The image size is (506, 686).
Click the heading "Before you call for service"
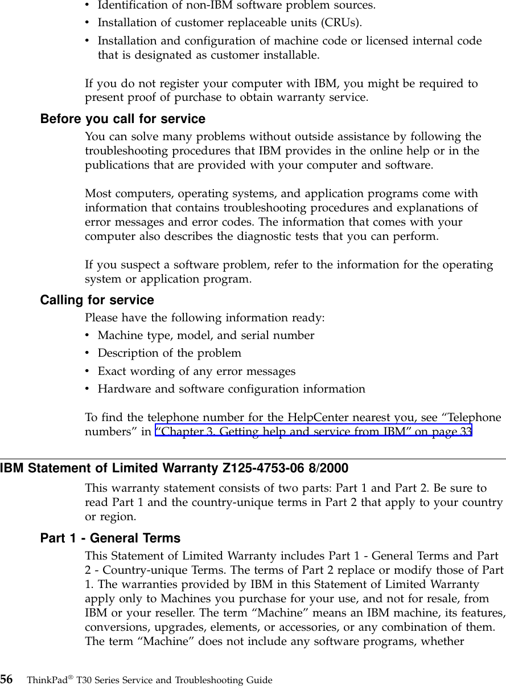(x=122, y=119)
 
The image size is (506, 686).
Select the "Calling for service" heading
(x=97, y=300)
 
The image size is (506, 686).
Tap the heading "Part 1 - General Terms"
(x=110, y=538)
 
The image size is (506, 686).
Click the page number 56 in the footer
(x=7, y=679)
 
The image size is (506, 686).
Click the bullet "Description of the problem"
(x=169, y=353)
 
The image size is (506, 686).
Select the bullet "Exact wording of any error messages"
(x=196, y=371)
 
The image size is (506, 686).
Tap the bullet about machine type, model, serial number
(x=205, y=335)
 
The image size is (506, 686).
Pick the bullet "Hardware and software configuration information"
(x=231, y=390)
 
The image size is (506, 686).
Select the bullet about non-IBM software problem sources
(x=236, y=6)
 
